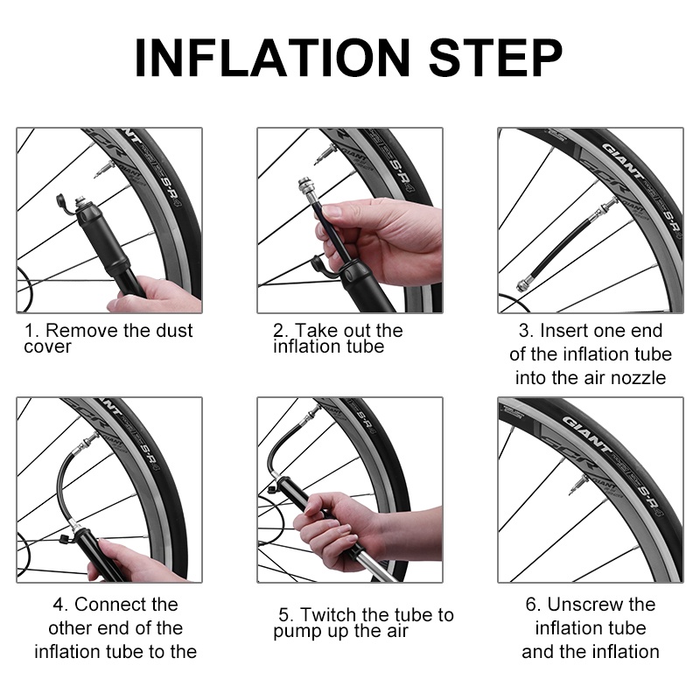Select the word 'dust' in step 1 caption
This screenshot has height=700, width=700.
tap(172, 331)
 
